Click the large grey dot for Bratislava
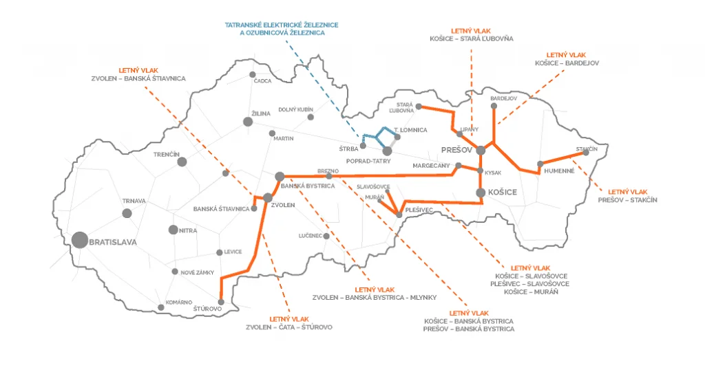click(x=80, y=241)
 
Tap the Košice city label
click(x=502, y=193)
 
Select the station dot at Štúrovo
click(x=221, y=303)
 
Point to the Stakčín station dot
click(x=586, y=153)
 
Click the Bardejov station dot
click(x=494, y=107)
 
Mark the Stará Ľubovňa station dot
click(x=419, y=107)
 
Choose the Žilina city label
click(x=261, y=113)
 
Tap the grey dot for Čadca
click(x=252, y=74)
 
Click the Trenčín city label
click(x=167, y=155)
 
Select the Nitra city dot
click(x=173, y=230)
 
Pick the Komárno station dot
click(x=161, y=307)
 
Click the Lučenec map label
click(x=311, y=236)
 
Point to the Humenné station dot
click(x=540, y=164)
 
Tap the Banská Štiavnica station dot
click(x=253, y=208)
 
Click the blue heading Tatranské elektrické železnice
click(x=282, y=25)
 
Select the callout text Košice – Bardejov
click(x=567, y=63)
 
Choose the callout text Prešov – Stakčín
click(x=627, y=200)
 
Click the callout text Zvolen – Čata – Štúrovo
click(x=289, y=327)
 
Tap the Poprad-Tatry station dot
click(x=387, y=151)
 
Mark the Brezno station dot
click(x=329, y=176)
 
